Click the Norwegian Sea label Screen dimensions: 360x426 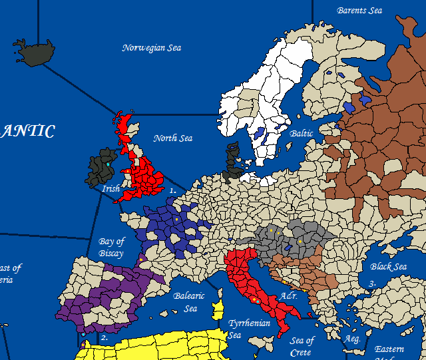tap(152, 48)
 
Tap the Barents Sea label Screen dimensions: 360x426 tap(360, 11)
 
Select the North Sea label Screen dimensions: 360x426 tap(172, 138)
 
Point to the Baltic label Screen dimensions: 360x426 tap(302, 134)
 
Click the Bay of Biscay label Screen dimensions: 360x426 tap(111, 247)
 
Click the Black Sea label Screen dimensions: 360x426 tap(388, 267)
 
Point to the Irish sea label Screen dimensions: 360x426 tap(110, 189)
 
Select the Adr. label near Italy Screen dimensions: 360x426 tap(288, 295)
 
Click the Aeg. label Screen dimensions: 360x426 tap(351, 339)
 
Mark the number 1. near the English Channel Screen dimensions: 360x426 tap(172, 190)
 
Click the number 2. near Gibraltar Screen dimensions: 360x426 tap(104, 338)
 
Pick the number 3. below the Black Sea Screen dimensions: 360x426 tap(372, 284)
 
